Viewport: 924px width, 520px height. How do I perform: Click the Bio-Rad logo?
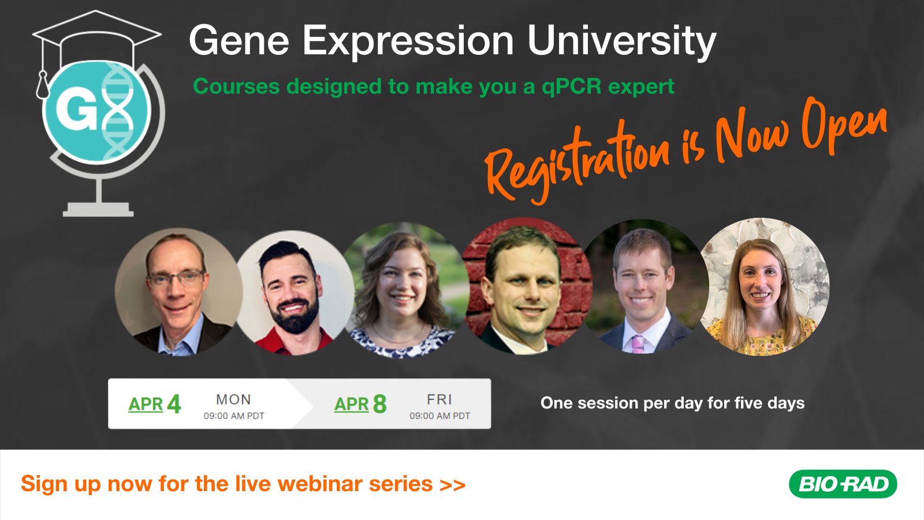843,484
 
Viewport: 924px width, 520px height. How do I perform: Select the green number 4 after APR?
174,404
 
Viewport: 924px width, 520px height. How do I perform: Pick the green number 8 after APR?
379,404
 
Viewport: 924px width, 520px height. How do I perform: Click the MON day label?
233,399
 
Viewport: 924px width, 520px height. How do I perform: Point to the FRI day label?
439,399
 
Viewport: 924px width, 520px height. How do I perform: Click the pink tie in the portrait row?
638,344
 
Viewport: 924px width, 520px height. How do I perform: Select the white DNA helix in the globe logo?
117,110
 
